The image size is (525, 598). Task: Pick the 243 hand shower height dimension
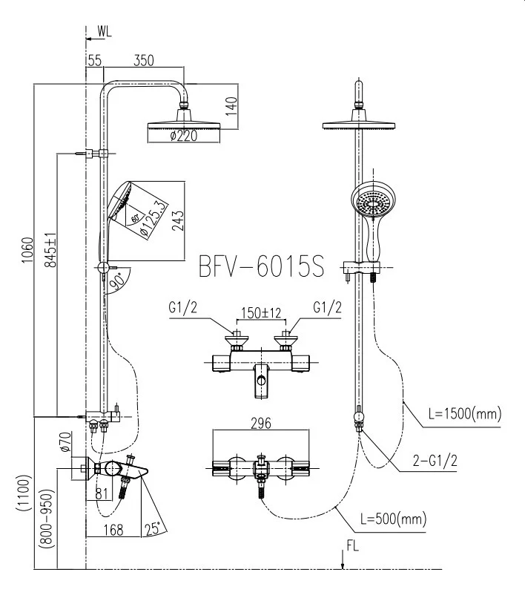click(x=178, y=220)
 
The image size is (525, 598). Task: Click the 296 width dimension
click(x=259, y=424)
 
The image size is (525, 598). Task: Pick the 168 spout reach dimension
click(x=113, y=530)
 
